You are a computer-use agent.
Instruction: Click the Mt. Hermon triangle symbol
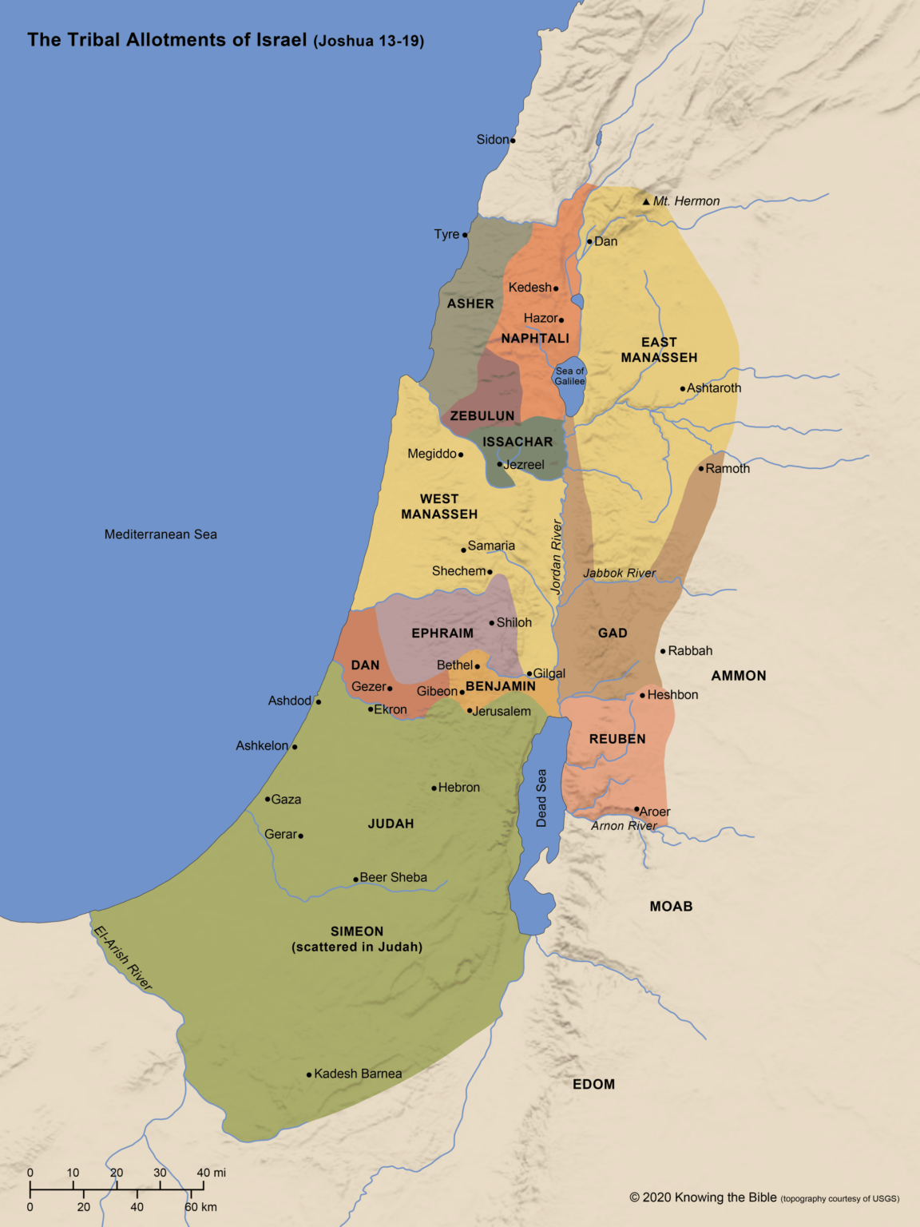(646, 201)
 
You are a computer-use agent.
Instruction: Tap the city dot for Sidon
(513, 141)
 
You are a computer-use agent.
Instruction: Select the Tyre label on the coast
(446, 234)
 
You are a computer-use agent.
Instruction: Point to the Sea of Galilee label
(570, 375)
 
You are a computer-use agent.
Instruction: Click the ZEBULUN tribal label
(482, 416)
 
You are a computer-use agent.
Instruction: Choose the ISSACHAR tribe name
(517, 442)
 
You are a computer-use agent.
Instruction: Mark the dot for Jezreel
(500, 464)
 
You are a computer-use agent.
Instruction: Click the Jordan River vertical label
(557, 556)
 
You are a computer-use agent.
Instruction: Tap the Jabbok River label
(619, 573)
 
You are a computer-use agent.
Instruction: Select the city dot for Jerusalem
(470, 710)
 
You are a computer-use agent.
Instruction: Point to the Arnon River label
(624, 826)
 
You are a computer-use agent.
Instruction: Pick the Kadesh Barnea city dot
(309, 1074)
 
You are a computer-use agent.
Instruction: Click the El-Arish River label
(123, 957)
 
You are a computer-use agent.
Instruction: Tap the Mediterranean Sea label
(161, 534)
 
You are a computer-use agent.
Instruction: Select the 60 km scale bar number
(200, 1207)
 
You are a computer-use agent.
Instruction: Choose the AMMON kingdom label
(739, 676)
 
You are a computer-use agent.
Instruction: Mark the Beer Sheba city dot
(355, 879)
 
